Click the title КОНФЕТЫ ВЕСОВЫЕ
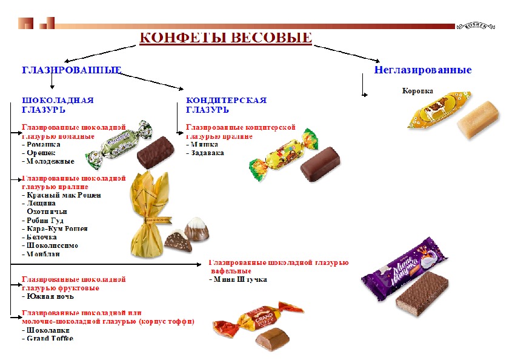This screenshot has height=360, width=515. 226,38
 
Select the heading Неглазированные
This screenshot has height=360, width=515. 422,70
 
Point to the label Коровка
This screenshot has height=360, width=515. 417,91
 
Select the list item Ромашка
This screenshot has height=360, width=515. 42,145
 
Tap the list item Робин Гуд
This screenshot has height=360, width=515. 44,220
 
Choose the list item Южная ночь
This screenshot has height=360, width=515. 50,296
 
